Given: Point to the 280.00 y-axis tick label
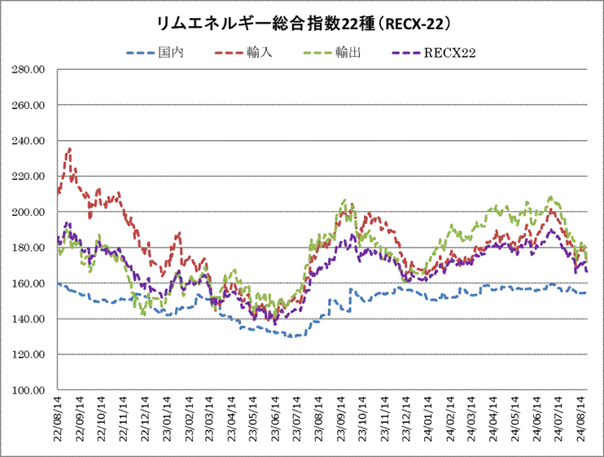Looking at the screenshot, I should (x=28, y=70).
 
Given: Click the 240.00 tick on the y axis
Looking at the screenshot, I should (x=28, y=141).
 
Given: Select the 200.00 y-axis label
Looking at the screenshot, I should (x=28, y=213).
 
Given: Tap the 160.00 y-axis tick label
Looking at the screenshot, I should (x=28, y=283).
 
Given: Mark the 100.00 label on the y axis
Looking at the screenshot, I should (x=28, y=390).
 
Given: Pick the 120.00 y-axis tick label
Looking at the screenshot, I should (x=28, y=355).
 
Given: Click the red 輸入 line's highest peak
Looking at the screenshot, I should (x=69, y=149).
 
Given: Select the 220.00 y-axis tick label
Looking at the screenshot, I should (x=28, y=177).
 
